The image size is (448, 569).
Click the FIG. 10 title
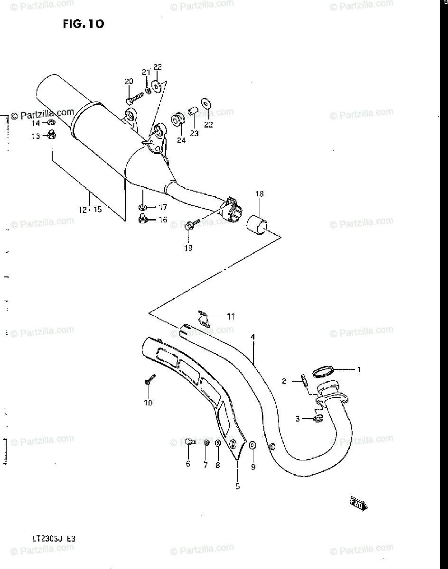click(x=83, y=24)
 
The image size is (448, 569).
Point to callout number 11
click(x=231, y=316)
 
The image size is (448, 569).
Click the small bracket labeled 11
click(x=204, y=318)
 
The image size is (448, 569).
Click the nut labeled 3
click(x=318, y=418)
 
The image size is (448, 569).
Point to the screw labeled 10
click(x=149, y=379)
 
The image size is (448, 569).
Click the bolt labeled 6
click(x=190, y=441)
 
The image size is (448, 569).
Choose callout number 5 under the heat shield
click(x=237, y=486)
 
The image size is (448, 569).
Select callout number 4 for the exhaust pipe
click(x=253, y=337)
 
